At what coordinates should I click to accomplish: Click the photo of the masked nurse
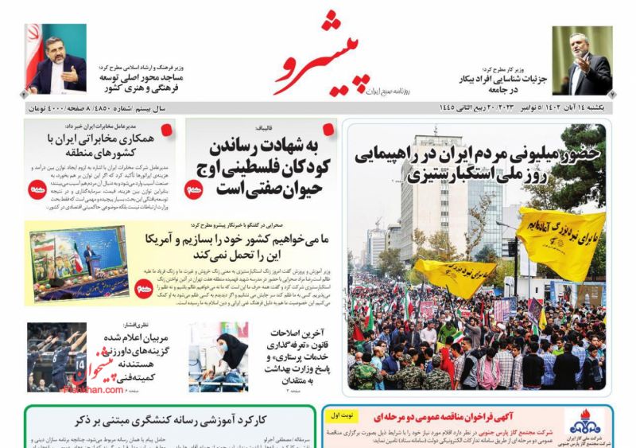(x=218, y=356)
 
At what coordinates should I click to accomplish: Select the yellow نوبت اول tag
(x=343, y=415)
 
